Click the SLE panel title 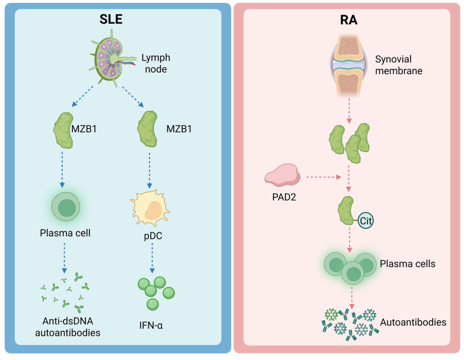tap(111, 19)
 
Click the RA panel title tap(348, 20)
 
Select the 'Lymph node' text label tap(155, 63)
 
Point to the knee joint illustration tap(348, 66)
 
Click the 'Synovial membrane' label tap(399, 65)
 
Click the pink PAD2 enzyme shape tap(282, 175)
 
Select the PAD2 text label tap(284, 197)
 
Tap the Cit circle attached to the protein tap(366, 221)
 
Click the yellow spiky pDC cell tap(150, 209)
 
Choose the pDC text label tap(153, 236)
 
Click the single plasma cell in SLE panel tap(66, 207)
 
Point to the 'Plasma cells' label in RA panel tap(408, 264)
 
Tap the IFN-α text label tap(151, 326)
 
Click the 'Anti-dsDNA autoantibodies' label tap(68, 327)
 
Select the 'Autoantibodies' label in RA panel tap(413, 322)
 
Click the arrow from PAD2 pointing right tap(324, 177)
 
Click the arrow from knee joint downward tap(349, 111)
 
